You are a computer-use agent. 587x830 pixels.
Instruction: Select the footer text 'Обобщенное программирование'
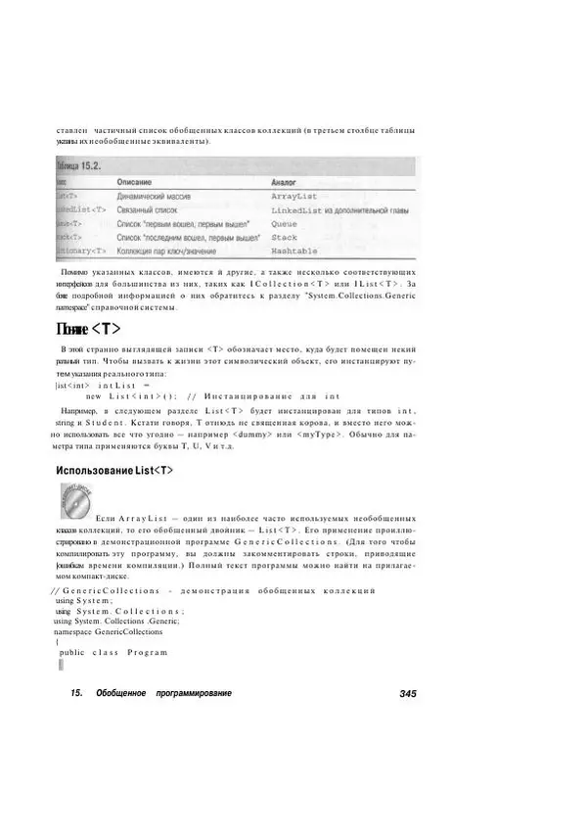pyautogui.click(x=163, y=693)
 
